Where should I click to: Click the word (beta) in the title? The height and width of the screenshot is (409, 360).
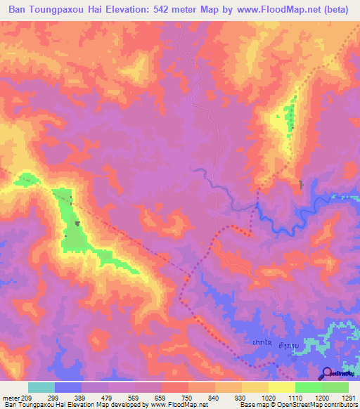coord(336,10)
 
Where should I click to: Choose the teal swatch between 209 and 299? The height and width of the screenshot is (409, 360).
coord(41,387)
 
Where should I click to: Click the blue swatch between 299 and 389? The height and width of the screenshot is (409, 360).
coord(68,387)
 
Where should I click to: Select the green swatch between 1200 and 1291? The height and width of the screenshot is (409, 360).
coord(335,387)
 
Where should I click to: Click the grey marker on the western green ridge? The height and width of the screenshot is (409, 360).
coord(77,223)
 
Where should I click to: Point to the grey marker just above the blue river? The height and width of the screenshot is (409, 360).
coord(302,185)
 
